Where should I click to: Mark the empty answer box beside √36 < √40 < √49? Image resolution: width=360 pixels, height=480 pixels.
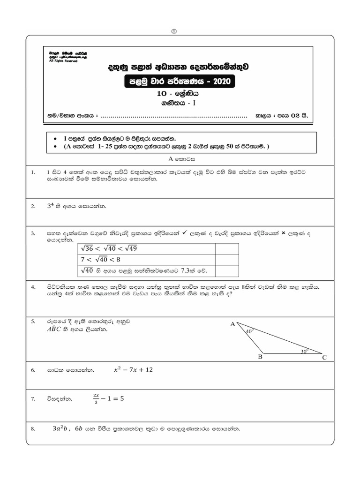point(226,248)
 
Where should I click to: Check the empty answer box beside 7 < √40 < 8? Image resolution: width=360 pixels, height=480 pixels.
point(226,259)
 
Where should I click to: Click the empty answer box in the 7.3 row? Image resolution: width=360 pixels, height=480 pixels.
point(226,270)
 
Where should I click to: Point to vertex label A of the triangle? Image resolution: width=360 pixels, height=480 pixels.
point(232,324)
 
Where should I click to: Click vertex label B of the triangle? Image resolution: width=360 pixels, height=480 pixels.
point(261,357)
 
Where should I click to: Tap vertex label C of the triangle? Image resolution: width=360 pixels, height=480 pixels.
point(324,358)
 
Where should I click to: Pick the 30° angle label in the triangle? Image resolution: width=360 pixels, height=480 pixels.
point(305,350)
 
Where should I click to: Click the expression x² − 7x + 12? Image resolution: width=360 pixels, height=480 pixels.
point(133,370)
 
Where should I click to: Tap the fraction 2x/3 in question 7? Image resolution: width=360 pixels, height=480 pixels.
point(96,398)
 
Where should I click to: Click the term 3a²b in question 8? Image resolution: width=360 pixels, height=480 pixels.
point(60,428)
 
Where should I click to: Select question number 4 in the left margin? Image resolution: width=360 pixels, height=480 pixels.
point(33,286)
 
